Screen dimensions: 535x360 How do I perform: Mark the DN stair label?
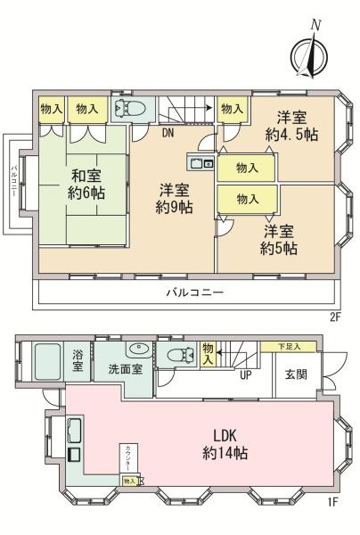(x=168, y=135)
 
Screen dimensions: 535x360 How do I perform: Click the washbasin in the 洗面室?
(x=136, y=350)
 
